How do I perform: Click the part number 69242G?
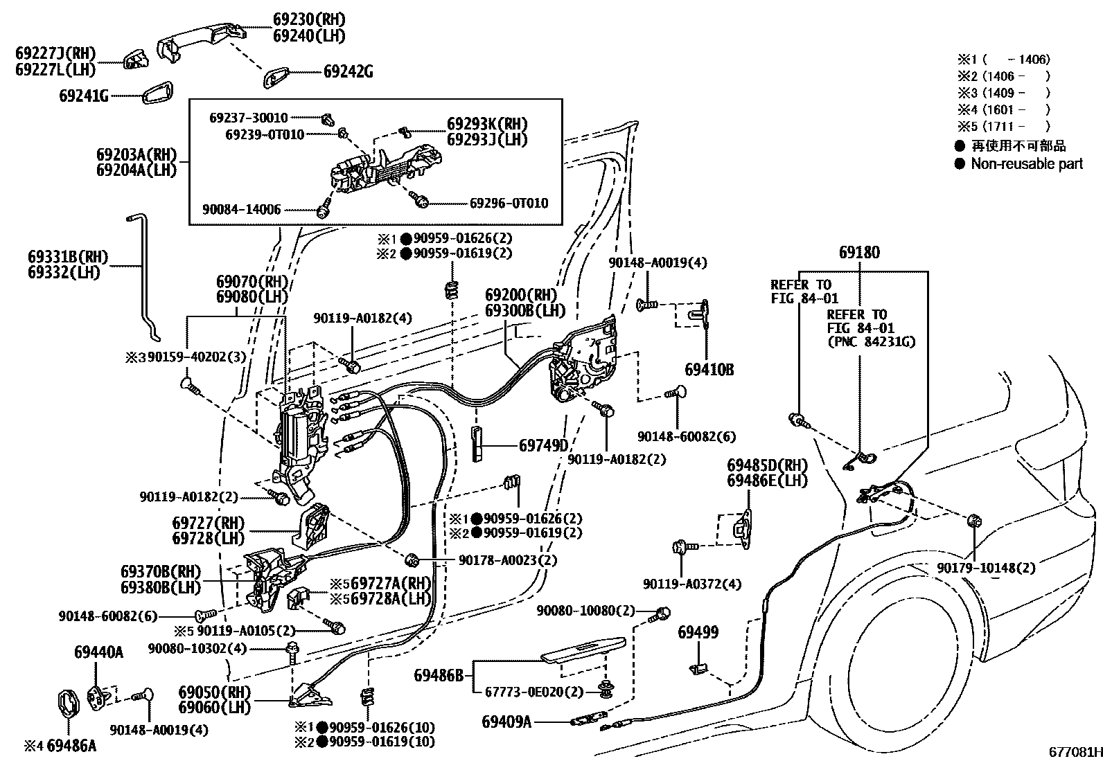coord(348,72)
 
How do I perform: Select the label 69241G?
coord(84,96)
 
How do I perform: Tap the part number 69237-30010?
coord(249,118)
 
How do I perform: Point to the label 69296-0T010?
coord(509,203)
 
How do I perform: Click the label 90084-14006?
coord(242,210)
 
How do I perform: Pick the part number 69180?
coord(859,253)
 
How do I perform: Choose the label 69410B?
coord(709,370)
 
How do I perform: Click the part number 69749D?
coord(543,445)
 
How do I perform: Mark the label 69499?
coord(698,632)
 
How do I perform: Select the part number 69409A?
coord(506,722)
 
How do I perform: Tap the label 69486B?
coord(439,674)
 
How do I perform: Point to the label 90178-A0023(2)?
coord(508,560)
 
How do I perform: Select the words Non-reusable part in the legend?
coord(1026,164)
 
